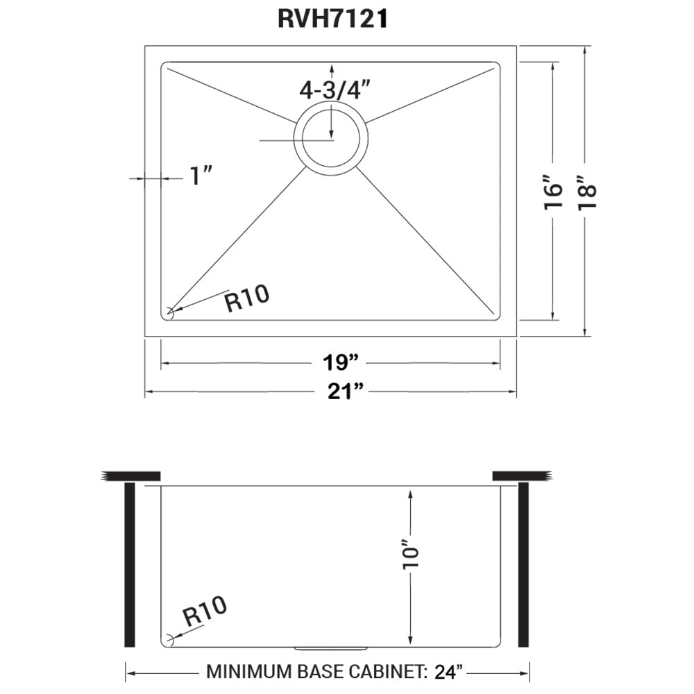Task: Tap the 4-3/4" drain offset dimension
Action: [x=332, y=91]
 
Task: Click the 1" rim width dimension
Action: [x=201, y=176]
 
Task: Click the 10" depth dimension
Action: [x=413, y=558]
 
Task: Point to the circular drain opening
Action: [x=330, y=136]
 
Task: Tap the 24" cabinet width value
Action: [x=447, y=672]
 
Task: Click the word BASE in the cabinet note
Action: [x=321, y=672]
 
